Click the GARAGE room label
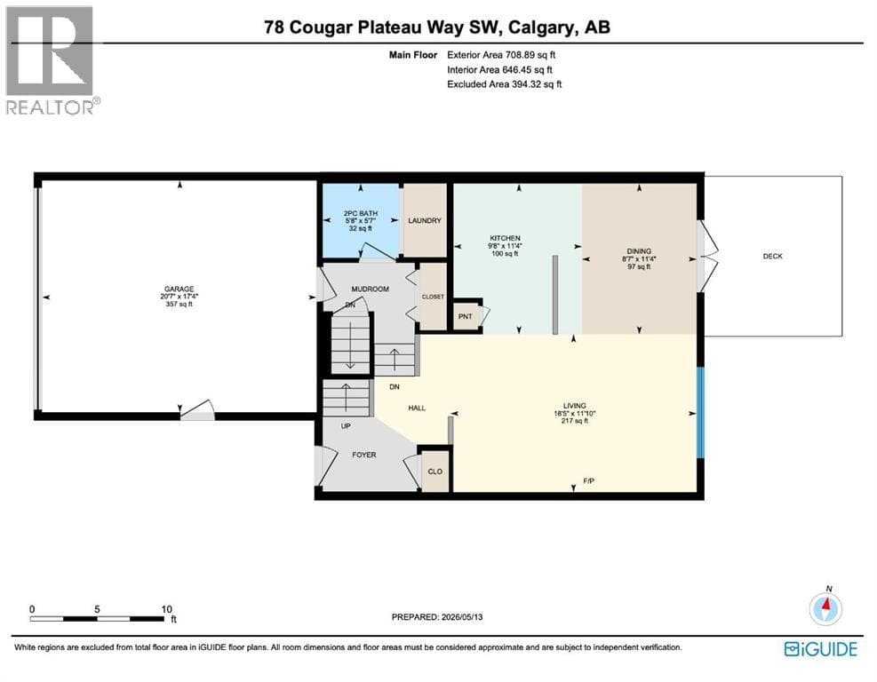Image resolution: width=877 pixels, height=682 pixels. [x=179, y=289]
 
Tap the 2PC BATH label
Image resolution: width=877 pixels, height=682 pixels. [x=360, y=213]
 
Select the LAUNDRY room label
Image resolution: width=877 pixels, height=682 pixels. [x=425, y=221]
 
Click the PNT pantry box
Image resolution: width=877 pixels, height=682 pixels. [x=467, y=316]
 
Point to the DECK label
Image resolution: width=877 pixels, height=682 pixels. [x=772, y=256]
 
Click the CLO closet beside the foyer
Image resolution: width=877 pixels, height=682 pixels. [x=435, y=470]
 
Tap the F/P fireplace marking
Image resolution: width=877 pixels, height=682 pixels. [x=588, y=480]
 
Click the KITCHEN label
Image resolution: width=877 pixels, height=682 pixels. [x=505, y=238]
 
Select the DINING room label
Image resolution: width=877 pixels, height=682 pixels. [x=639, y=251]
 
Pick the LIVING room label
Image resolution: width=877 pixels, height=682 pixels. [x=574, y=405]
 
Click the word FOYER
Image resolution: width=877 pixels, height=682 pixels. [x=364, y=455]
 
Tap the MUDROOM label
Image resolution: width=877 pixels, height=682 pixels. [x=370, y=289]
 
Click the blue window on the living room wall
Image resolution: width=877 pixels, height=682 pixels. [x=700, y=413]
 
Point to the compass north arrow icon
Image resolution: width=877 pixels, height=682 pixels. [x=825, y=607]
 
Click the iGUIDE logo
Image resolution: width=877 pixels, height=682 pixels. [x=821, y=649]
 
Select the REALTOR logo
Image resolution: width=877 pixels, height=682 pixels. [x=52, y=60]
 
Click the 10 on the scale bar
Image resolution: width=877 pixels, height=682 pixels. [x=167, y=609]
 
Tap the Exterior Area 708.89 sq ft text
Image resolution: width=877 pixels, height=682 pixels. [x=501, y=55]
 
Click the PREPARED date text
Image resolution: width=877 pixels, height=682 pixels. [x=437, y=617]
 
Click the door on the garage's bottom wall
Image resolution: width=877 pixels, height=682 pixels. [x=197, y=411]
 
